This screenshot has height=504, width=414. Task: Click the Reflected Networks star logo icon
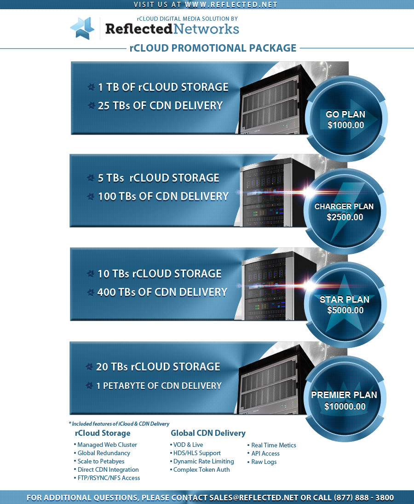[82, 28]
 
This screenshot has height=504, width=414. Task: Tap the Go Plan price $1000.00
[345, 125]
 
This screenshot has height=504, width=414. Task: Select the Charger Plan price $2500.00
[345, 217]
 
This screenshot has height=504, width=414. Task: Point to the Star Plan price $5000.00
[345, 310]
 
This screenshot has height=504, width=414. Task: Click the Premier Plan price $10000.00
[345, 406]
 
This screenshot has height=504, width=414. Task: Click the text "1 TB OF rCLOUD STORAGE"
[163, 87]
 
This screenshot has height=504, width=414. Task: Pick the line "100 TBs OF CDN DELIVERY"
[163, 196]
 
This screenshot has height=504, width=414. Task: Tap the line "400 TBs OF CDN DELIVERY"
[162, 292]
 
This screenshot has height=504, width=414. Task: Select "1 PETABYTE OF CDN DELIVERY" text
[159, 386]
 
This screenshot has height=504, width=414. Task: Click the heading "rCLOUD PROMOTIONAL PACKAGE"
[213, 48]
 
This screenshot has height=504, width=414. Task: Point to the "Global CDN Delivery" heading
[208, 433]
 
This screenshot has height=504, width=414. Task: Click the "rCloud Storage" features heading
[103, 434]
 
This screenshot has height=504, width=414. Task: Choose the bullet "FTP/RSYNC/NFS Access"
[109, 478]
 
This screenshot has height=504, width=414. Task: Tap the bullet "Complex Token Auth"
[201, 469]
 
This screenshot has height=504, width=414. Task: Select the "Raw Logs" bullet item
[264, 462]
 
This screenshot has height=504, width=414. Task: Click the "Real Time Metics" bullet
[274, 445]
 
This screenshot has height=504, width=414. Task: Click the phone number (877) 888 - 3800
[364, 498]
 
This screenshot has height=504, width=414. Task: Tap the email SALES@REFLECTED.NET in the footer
[253, 498]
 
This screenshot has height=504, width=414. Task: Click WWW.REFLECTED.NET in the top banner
[231, 5]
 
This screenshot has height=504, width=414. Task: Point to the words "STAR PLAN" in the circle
[345, 299]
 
